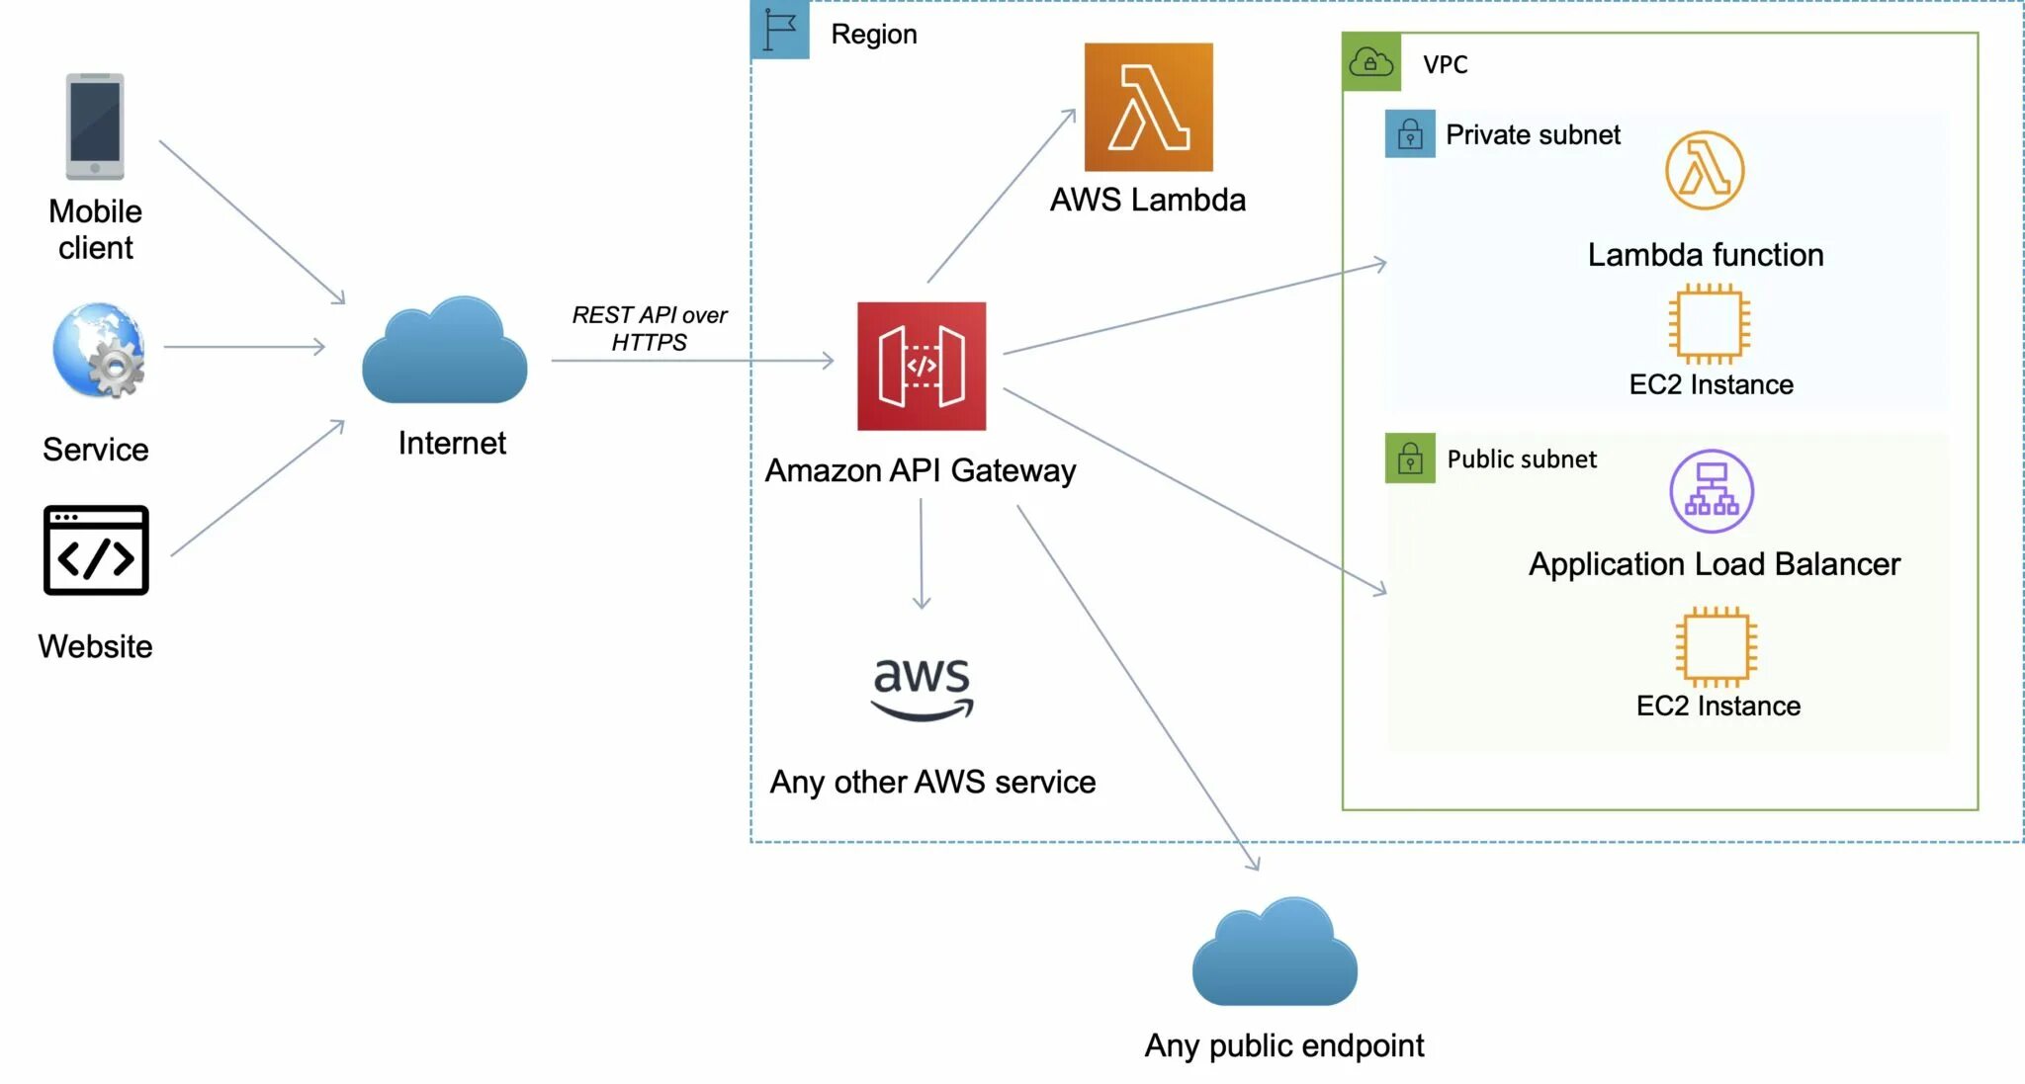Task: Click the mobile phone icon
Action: point(95,126)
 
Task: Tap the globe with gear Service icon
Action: point(99,350)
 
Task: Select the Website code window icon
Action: point(96,550)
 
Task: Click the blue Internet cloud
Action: point(444,350)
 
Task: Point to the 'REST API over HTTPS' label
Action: point(649,328)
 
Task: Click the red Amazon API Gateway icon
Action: point(922,366)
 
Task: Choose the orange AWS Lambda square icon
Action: point(1149,107)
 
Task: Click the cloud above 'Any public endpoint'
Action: point(1275,952)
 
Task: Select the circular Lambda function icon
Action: point(1705,170)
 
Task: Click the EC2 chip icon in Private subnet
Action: point(1710,323)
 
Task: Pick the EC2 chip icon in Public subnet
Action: point(1717,646)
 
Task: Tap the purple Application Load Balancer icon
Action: point(1712,491)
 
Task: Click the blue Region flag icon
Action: point(780,30)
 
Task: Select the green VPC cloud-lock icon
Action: point(1371,62)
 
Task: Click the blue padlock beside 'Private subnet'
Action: point(1410,133)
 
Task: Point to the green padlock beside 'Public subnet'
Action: point(1410,459)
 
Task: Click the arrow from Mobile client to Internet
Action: point(252,222)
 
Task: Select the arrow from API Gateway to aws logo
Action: point(922,554)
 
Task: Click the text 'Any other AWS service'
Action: point(932,782)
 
